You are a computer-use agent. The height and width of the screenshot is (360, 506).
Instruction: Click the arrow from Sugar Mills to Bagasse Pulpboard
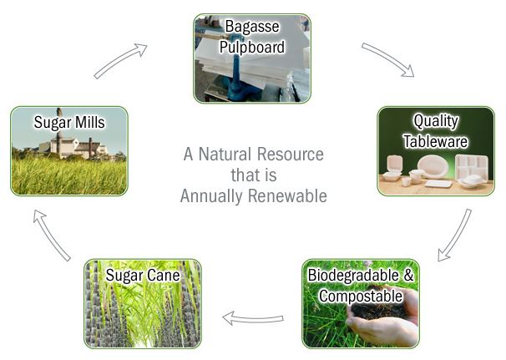120,60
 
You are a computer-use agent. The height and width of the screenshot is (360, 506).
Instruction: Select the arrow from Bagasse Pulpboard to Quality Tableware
387,59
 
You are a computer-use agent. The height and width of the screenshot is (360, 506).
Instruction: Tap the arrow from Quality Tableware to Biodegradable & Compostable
456,235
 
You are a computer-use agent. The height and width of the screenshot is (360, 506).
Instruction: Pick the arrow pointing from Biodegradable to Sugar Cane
253,319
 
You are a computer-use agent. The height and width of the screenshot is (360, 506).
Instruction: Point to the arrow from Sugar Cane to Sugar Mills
52,235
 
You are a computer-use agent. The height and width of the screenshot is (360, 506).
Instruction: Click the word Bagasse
252,27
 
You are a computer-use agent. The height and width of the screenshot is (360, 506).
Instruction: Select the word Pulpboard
252,47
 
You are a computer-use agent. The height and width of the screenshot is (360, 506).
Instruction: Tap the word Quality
436,121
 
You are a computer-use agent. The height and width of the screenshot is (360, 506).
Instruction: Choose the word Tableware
436,141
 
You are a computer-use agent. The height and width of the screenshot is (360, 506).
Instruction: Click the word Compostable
361,297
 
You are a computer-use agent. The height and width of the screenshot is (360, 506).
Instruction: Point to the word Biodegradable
353,276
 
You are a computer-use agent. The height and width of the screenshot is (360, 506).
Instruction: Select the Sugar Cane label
143,276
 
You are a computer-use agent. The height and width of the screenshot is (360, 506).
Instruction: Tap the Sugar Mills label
69,123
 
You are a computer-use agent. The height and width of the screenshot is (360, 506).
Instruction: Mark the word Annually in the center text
210,196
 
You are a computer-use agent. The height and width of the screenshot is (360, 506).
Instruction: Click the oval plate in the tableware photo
433,166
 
